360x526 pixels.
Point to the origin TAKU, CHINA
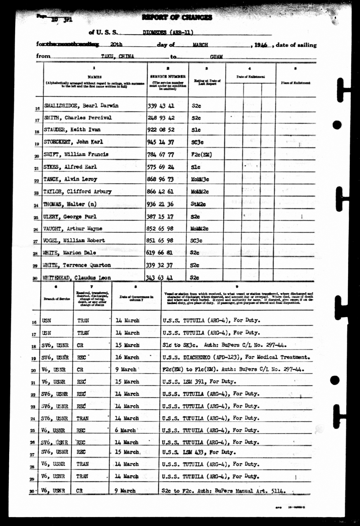coord(118,56)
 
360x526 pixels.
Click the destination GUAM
coord(216,57)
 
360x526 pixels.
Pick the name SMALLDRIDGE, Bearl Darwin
coord(81,106)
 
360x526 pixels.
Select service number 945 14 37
coord(161,142)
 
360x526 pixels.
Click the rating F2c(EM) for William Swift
coord(201,154)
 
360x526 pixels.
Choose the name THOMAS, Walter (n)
coord(70,204)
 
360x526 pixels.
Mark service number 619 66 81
coord(159,253)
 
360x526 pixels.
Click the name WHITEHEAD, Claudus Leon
coord(77,278)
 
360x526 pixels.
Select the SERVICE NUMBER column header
coord(168,76)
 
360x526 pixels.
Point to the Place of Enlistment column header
coord(295,83)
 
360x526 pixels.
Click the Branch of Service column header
coord(57,299)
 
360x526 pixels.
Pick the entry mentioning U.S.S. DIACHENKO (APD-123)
coord(236,357)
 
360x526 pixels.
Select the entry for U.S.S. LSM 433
coord(199,452)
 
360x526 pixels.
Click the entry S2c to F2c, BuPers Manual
coord(224,491)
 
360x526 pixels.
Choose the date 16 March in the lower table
coord(127,357)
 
